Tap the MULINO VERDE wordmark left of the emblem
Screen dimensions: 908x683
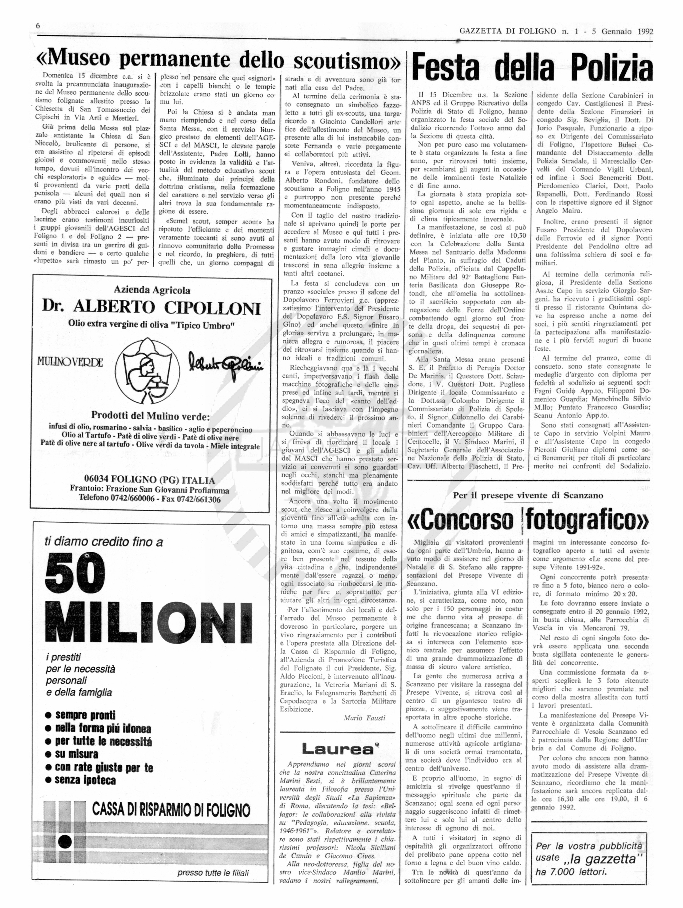(70, 362)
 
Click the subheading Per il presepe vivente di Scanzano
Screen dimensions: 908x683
(528, 495)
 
